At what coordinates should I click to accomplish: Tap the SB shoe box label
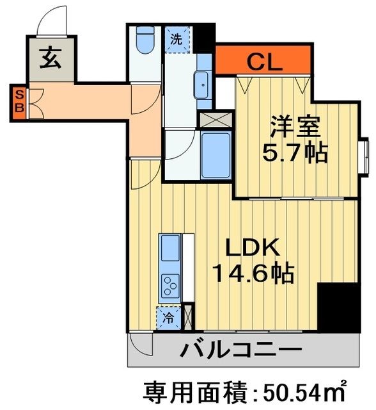[x=19, y=102]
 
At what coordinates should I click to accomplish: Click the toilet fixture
[x=145, y=41]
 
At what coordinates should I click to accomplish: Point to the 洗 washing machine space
[x=176, y=38]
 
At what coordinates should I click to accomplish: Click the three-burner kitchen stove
[x=170, y=284]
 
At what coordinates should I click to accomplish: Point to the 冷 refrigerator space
[x=168, y=316]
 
